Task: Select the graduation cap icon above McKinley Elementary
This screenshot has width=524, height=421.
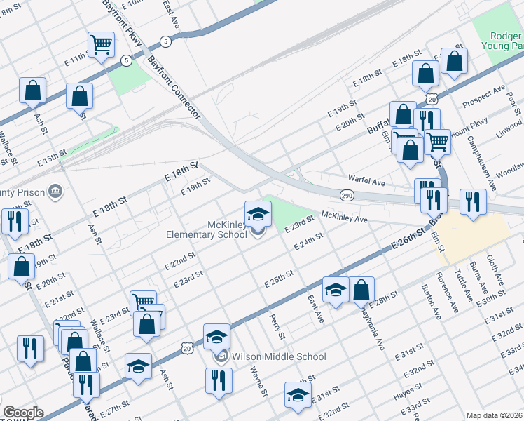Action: click(x=258, y=213)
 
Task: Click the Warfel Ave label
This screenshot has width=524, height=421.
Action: click(x=367, y=182)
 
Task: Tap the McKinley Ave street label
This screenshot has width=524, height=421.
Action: click(x=345, y=218)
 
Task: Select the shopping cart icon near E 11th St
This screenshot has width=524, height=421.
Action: click(x=102, y=46)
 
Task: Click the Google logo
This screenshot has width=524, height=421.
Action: click(x=23, y=413)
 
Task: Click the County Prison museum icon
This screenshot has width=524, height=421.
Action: click(x=56, y=192)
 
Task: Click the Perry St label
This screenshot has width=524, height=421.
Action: click(x=274, y=325)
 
